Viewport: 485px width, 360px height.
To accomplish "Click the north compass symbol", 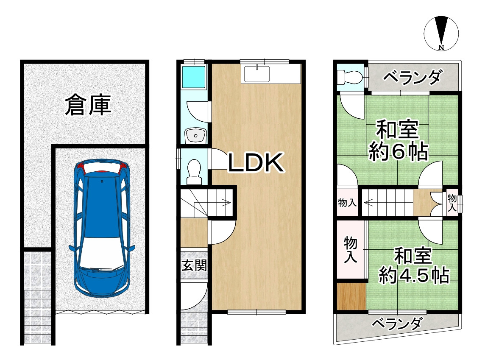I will pos(441,33).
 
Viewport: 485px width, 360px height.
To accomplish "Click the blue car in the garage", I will pos(102,229).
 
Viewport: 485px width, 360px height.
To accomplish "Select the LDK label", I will pos(256,163).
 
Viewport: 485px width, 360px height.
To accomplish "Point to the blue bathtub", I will pos(194,77).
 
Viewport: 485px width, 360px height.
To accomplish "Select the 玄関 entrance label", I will pos(194,266).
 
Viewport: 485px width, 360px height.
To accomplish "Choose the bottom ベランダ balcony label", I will pos(397,324).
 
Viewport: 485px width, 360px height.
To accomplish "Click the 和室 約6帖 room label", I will pos(397,141).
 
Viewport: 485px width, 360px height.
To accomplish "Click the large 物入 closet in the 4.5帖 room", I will pos(351,250).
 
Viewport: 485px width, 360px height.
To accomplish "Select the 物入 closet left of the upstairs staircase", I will pos(347,203).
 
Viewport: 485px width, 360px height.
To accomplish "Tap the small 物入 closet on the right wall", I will pos(452,203).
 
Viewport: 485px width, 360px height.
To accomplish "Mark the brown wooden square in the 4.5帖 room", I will pos(351,296).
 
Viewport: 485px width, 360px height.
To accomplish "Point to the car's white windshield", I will pos(102,254).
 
